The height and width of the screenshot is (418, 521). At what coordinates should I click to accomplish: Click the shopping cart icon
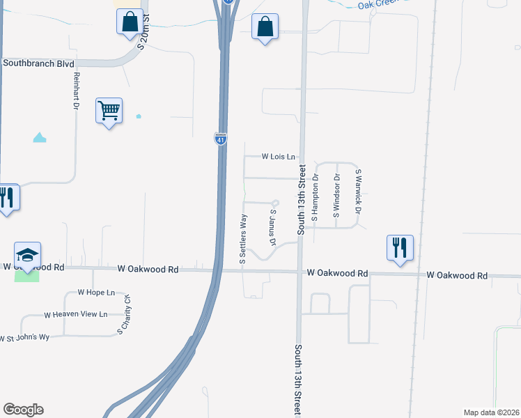(109, 110)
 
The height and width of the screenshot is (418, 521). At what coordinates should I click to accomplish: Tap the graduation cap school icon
(27, 255)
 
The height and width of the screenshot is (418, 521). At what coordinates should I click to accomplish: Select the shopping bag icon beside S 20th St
(130, 22)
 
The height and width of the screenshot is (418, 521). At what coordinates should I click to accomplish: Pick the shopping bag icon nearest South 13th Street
(265, 27)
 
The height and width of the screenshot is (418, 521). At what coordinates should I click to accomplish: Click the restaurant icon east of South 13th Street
(400, 247)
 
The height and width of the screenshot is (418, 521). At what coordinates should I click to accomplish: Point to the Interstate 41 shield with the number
(219, 139)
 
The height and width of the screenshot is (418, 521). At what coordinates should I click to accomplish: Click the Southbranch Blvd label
(38, 63)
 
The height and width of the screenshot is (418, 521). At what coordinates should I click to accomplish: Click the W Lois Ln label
(278, 157)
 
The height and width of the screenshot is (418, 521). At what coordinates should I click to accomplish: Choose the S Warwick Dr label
(359, 191)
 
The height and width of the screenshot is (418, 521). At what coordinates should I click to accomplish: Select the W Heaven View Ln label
(76, 315)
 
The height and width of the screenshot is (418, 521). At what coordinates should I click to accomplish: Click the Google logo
(23, 409)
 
